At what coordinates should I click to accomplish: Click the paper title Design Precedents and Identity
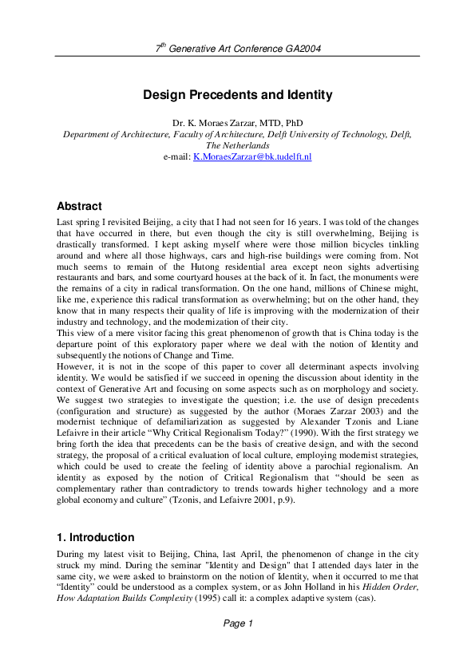[237, 95]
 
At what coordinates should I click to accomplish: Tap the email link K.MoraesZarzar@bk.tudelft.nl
[252, 157]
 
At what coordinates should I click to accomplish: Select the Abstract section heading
[79, 206]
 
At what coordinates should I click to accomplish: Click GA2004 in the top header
[303, 49]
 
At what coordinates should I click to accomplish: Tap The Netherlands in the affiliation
[237, 146]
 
